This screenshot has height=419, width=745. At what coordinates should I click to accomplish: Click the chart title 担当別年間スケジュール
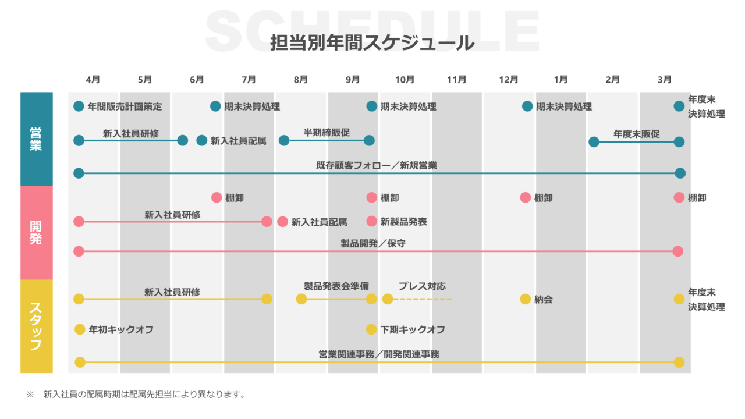pos(372,43)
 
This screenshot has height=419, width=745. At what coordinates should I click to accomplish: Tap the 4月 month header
pos(93,79)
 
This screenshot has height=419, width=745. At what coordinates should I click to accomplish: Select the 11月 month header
pos(457,79)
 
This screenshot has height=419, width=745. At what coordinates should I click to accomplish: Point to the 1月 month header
pos(561,79)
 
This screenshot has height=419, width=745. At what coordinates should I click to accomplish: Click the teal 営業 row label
pos(36,139)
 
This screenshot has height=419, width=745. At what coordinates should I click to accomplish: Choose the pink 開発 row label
pos(36,232)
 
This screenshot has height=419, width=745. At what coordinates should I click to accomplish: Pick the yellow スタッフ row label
pos(36,326)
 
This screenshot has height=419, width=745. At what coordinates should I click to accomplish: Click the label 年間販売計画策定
pos(125,106)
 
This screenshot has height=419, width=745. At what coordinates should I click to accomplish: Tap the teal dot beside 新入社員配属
pos(201,140)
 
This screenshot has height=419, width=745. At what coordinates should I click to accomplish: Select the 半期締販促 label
pos(327,133)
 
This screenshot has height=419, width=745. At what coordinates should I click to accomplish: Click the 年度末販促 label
pos(636,134)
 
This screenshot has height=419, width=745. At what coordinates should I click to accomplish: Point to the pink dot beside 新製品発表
pos(372,221)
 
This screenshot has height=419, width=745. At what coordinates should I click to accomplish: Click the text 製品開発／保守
pos(373,243)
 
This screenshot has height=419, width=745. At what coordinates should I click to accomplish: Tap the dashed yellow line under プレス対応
pos(423,299)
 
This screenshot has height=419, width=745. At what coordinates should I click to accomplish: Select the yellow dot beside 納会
pos(525,299)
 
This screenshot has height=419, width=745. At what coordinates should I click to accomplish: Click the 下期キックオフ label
pos(413,330)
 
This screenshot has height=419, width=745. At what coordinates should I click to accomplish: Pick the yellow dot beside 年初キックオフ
pos(80,329)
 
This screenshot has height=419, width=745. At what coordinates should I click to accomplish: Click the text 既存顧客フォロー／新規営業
pos(376,165)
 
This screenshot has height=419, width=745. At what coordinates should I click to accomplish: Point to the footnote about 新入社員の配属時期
pos(143,395)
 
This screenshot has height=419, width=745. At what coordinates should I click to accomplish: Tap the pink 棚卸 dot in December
pos(525,197)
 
